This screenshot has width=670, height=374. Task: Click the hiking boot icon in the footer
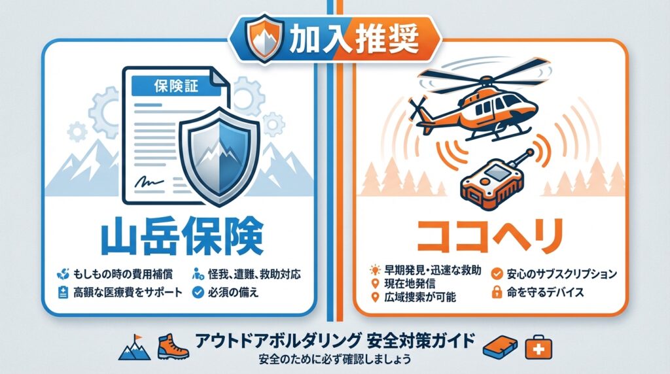click(x=173, y=347)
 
